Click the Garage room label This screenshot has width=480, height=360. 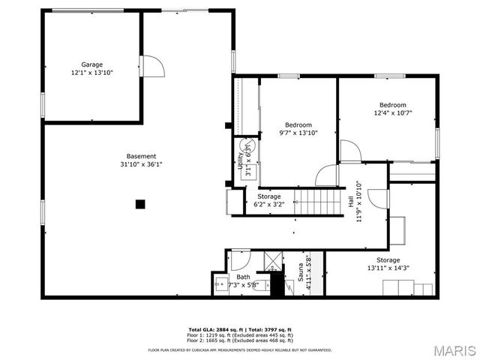[92, 64]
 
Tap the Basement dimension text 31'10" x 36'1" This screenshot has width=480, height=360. [141, 164]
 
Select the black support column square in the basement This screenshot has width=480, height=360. [139, 203]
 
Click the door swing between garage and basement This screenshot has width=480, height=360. [151, 66]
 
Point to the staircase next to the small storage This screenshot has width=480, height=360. [310, 201]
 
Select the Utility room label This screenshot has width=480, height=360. [241, 159]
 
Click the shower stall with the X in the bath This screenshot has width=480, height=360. [269, 263]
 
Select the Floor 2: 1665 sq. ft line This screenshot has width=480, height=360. [240, 339]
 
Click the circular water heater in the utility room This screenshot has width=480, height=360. [247, 147]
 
